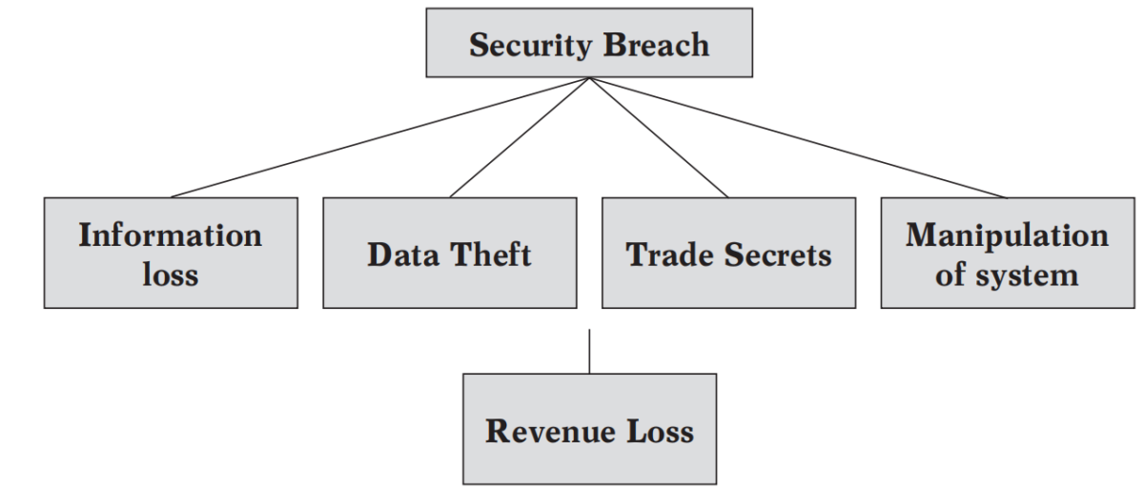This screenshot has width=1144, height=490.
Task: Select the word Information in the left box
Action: (170, 235)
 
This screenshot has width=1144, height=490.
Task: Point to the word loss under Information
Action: (170, 275)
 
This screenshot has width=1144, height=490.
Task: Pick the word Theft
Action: (489, 255)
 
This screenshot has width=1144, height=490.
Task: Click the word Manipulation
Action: (1007, 235)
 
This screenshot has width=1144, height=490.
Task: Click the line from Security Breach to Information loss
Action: (381, 137)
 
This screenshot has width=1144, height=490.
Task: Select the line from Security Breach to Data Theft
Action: (521, 137)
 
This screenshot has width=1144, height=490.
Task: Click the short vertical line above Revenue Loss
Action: (589, 351)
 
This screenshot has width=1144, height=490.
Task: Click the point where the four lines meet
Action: (589, 78)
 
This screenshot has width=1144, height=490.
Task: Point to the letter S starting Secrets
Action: (731, 255)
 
